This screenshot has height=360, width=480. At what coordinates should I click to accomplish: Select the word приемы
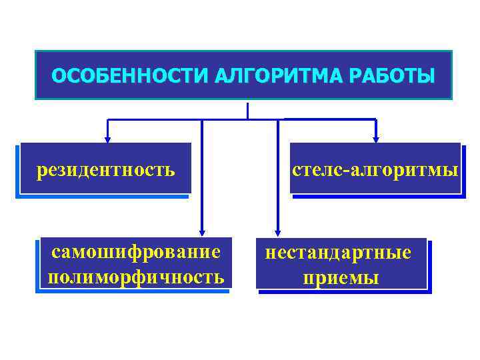[x=341, y=277]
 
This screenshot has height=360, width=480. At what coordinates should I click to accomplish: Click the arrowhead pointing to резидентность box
[x=107, y=139]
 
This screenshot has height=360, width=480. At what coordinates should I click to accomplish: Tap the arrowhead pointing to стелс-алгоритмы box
[x=375, y=139]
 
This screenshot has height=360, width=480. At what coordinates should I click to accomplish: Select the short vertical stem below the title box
[x=247, y=111]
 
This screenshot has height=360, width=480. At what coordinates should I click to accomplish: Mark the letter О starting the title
[x=57, y=76]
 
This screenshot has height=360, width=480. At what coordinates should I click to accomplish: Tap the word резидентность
[x=106, y=170]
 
